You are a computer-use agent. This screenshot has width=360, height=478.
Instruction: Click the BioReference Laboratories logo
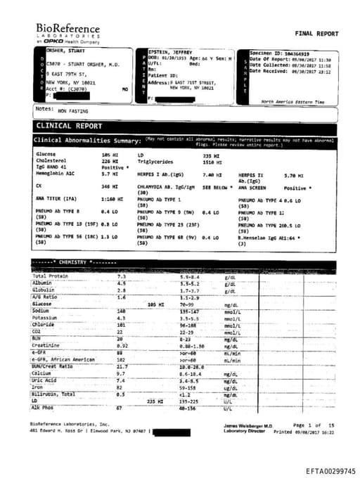point(67,32)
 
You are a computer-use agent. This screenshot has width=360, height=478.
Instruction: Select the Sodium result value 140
point(121,311)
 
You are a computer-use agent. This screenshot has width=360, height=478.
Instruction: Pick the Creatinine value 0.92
point(122,345)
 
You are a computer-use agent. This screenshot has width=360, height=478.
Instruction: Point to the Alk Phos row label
point(43,407)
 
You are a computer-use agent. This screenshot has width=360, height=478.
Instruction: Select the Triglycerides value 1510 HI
point(212,160)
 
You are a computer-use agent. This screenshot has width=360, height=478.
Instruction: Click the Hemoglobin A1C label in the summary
point(55,174)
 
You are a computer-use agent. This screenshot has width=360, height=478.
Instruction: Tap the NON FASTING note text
point(74,110)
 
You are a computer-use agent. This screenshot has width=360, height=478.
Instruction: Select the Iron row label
point(38,387)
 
